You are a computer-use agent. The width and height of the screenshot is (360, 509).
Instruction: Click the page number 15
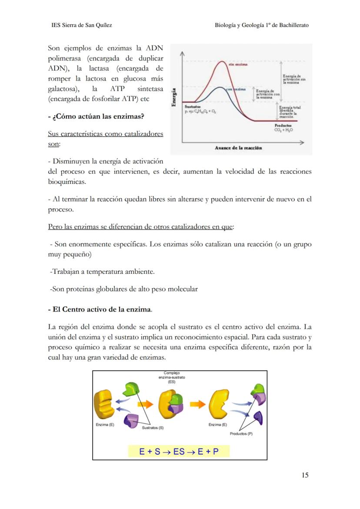305,475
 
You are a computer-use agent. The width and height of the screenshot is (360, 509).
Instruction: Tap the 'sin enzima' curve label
238,65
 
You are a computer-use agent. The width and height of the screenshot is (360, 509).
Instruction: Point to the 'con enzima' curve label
236,89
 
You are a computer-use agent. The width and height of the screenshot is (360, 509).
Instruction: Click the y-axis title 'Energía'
174,98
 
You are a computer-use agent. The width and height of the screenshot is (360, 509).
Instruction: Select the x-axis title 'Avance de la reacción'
238,148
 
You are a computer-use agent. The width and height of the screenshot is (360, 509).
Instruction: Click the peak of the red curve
223,61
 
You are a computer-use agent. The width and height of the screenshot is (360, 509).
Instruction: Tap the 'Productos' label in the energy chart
283,125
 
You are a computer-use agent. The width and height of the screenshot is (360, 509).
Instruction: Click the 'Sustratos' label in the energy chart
193,106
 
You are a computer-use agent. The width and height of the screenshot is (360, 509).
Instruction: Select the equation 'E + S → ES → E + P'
179,452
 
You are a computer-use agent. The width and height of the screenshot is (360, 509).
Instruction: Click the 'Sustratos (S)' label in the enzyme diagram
153,428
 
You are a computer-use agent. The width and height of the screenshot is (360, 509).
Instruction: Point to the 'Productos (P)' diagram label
241,434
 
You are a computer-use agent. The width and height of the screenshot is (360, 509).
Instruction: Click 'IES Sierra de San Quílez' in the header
82,25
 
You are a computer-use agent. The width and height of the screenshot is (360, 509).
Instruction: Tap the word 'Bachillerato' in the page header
293,25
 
